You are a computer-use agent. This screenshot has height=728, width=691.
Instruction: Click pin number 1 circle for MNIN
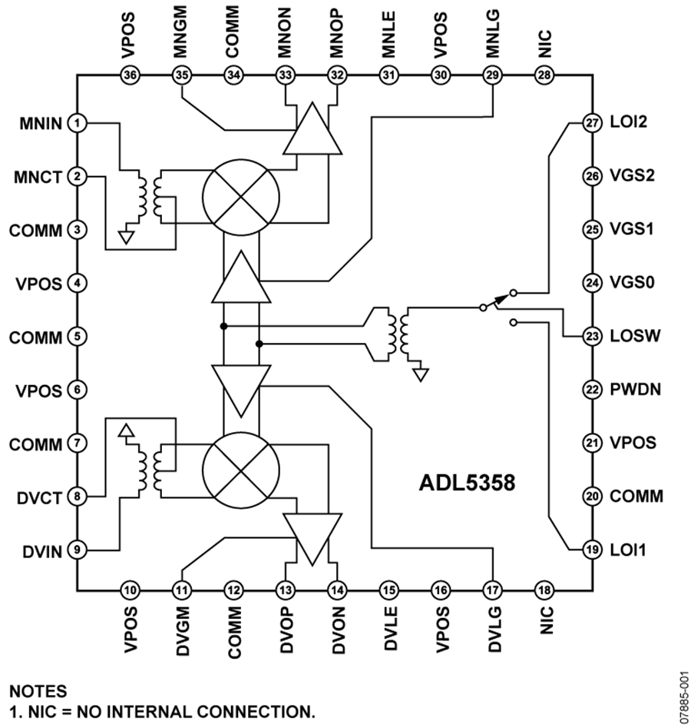click(x=77, y=122)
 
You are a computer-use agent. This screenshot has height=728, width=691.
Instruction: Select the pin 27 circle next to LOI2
click(x=590, y=122)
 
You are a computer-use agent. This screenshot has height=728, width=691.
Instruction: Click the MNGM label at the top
click(x=182, y=35)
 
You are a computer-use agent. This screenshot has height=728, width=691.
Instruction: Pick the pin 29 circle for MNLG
click(x=491, y=75)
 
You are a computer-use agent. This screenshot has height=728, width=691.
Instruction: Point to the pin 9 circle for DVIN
click(x=77, y=550)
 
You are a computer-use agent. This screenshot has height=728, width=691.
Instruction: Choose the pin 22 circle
click(x=590, y=390)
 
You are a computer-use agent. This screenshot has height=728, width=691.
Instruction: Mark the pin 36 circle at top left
click(x=131, y=75)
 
